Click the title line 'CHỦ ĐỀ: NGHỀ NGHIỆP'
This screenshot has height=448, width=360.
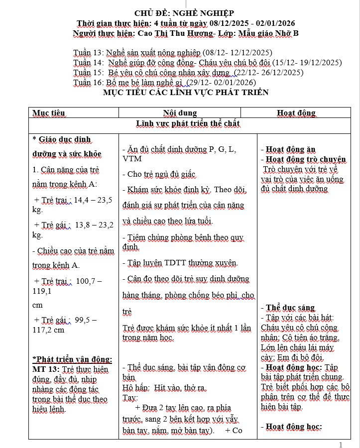point(184,13)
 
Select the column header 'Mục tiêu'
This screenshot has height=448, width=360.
point(49,113)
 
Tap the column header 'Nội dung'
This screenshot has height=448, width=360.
point(180,113)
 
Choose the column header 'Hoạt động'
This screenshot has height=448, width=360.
point(296,113)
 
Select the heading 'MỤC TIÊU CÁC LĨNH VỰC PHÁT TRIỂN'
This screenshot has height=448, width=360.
point(185,93)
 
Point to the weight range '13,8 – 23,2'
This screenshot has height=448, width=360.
point(94,225)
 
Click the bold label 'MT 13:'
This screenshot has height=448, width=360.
point(46,369)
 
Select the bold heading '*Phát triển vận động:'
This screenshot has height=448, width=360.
point(72,359)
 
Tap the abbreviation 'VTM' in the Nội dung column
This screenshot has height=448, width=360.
point(132,159)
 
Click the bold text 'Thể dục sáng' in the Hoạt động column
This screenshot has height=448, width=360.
point(290,308)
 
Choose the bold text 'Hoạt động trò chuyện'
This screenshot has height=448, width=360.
point(306,160)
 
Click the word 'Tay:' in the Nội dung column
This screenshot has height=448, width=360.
point(130,398)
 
